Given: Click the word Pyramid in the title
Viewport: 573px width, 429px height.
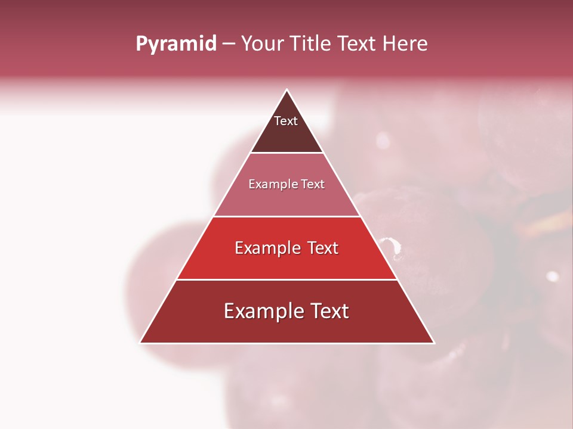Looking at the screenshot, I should tap(175, 44).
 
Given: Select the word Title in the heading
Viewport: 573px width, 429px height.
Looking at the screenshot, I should tap(312, 43).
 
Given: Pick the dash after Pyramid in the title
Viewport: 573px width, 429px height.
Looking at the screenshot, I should tap(229, 44).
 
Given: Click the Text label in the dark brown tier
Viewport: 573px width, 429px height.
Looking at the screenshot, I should tap(286, 121).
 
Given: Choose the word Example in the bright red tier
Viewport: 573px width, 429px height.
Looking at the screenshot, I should tap(267, 248).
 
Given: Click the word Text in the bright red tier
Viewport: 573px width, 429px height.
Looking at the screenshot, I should tap(323, 248).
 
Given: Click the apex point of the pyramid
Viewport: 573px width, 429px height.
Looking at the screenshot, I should tap(286, 90).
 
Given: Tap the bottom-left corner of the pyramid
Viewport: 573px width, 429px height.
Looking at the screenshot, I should tap(140, 343).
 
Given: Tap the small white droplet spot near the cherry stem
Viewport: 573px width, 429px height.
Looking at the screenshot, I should tap(552, 276).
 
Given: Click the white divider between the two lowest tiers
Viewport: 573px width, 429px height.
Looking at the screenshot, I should tap(286, 279).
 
